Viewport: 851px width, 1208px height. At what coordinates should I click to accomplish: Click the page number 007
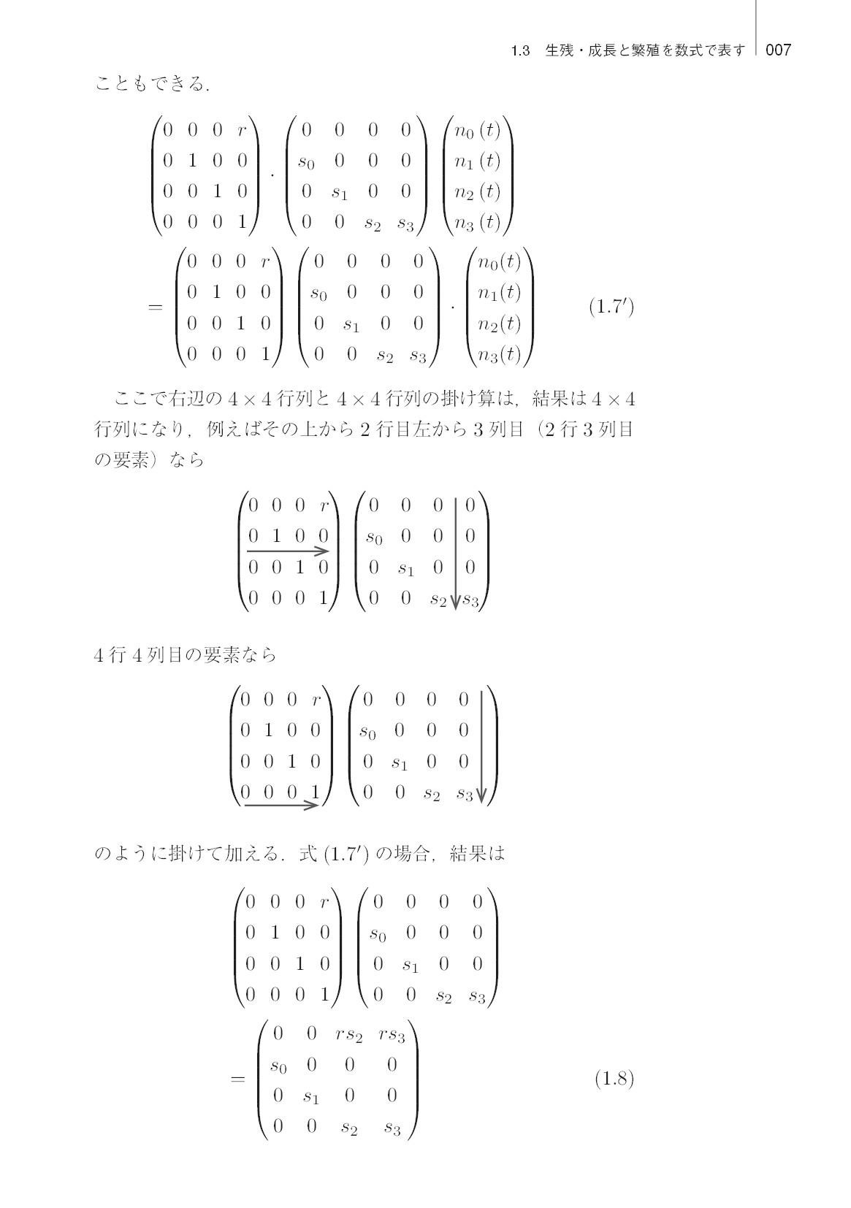(x=778, y=50)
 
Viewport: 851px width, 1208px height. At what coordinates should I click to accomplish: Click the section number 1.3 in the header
(x=520, y=50)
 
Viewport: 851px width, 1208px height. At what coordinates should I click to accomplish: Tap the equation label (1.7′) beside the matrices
(x=611, y=307)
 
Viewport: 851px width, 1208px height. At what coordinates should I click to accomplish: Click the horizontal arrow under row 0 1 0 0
(x=288, y=551)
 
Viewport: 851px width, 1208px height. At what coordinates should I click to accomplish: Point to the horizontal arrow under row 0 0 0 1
(x=281, y=805)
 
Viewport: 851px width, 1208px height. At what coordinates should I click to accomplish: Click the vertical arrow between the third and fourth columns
(x=455, y=554)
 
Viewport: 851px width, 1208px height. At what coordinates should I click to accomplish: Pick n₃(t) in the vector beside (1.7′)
(x=500, y=355)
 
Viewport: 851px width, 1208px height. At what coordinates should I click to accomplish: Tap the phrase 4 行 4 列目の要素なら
(x=185, y=655)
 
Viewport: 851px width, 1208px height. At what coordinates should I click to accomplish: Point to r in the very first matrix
(x=242, y=131)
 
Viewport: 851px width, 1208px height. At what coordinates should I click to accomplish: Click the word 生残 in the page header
(x=560, y=50)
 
